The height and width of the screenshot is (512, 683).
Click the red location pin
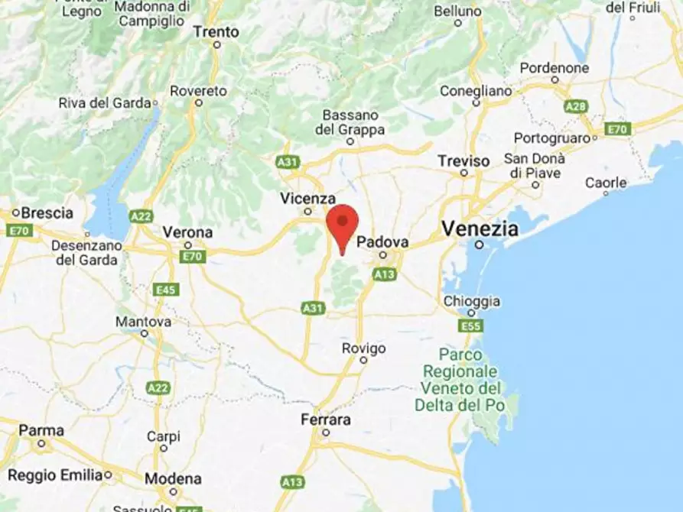tap(342, 223)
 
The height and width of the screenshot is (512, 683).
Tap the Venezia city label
tap(480, 228)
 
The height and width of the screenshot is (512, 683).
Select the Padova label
tap(382, 241)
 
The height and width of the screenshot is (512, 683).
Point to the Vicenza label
tap(307, 198)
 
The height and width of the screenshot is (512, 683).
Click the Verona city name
tap(187, 232)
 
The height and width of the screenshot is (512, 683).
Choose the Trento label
tap(216, 32)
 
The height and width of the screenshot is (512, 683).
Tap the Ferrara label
tap(325, 420)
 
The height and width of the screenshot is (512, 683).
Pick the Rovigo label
tap(363, 348)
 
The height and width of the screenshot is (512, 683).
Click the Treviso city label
tap(463, 160)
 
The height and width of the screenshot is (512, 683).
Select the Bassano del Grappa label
tap(350, 122)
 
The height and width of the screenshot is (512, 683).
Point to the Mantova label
tap(143, 322)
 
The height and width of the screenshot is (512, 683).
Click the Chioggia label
tap(472, 301)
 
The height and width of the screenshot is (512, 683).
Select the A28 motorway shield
tap(576, 106)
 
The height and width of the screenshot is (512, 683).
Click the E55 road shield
tap(470, 326)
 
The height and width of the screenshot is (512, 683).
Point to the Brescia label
tap(47, 212)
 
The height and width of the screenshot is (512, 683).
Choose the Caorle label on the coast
tap(606, 183)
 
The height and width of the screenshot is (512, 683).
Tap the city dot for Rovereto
tap(199, 102)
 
